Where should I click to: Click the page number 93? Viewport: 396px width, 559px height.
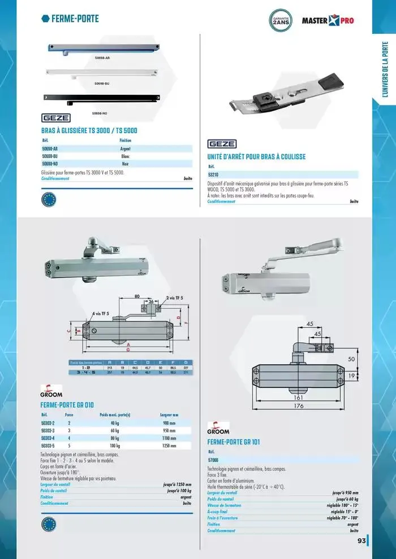point(360,541)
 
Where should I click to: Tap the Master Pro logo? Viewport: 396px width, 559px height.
point(328,21)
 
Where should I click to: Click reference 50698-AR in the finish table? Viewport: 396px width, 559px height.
point(50,149)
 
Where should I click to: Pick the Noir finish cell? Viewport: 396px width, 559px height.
point(126,163)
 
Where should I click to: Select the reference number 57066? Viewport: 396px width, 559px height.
point(214,460)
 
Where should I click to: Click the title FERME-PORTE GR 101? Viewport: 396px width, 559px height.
point(234,442)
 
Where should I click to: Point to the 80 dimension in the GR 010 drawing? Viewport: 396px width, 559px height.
point(137,295)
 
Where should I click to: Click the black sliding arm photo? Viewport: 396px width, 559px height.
point(102,98)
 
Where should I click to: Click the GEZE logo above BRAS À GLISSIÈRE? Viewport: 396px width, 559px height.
point(57,118)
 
